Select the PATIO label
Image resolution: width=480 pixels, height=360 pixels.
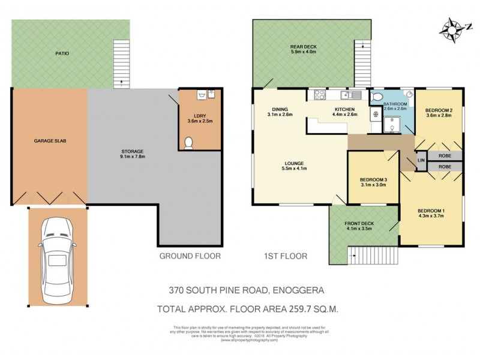(62, 53)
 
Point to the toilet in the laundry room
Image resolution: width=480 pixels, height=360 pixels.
(189, 142)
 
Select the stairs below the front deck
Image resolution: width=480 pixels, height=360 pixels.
(359, 257)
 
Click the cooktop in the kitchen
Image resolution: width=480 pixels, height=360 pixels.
(317, 95)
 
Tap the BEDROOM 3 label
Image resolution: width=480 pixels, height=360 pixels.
(373, 182)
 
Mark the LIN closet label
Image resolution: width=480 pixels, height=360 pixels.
(421, 160)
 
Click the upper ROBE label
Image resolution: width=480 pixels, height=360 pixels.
(445, 155)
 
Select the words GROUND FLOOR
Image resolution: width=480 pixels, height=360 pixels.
(190, 256)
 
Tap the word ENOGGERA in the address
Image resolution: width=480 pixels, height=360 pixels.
(298, 290)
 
